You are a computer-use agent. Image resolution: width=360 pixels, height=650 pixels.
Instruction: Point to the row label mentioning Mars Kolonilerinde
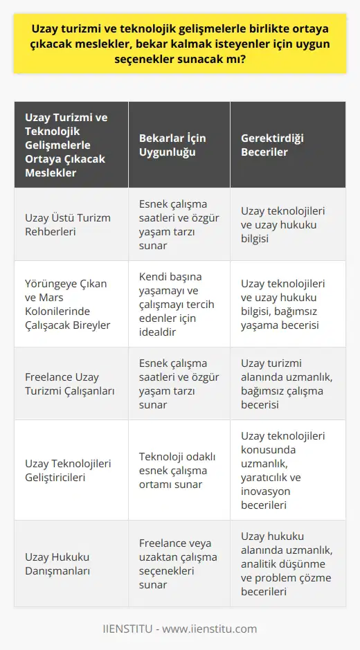point(66,303)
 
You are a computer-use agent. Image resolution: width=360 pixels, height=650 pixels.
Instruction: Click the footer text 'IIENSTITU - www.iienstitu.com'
point(180,629)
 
